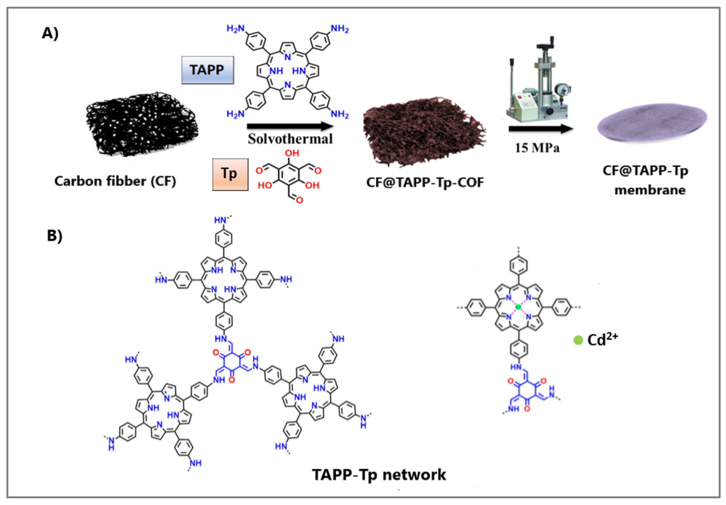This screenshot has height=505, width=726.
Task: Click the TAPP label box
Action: (207, 70)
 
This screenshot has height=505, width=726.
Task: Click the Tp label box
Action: (230, 174)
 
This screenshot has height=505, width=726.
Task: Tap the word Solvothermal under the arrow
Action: (290, 139)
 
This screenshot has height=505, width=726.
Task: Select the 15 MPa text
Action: (537, 148)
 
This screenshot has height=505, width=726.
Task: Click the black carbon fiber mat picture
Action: (142, 124)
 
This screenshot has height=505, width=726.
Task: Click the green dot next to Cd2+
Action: (578, 340)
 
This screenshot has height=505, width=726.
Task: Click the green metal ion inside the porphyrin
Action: (518, 307)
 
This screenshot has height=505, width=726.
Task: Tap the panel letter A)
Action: (50, 33)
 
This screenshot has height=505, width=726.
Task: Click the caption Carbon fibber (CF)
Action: (115, 181)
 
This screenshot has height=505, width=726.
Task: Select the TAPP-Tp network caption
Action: (379, 475)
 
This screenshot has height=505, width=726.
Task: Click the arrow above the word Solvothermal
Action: (290, 126)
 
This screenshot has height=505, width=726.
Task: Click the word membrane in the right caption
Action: (650, 190)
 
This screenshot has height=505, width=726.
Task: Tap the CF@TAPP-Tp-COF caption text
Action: (425, 182)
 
